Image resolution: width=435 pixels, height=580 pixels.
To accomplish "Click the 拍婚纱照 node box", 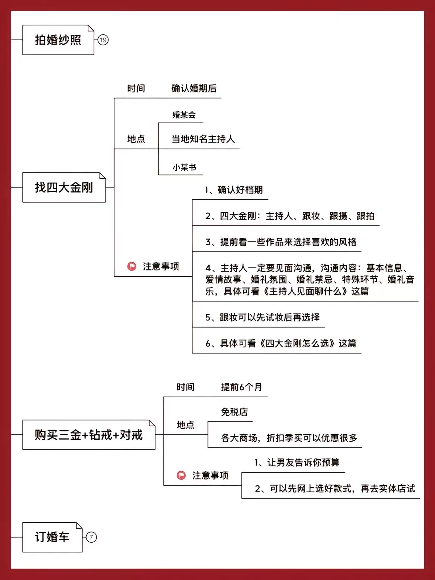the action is coord(58,40).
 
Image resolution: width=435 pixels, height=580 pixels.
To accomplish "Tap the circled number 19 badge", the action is coord(103,40).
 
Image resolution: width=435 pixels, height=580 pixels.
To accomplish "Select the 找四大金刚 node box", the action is coord(64,187).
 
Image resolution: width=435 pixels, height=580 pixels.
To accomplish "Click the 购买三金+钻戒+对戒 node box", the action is coord(89,435).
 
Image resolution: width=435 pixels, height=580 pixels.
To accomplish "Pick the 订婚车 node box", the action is coord(52,537).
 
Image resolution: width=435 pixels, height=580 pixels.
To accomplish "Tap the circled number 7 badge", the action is coord(91,537).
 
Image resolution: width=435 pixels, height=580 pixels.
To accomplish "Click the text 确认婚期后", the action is coord(194,88).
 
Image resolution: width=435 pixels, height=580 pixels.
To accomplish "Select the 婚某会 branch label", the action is coord(184,115).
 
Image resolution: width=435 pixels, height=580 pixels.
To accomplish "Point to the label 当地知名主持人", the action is coord(203,139).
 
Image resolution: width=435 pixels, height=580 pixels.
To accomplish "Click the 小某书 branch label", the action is coord(185,167).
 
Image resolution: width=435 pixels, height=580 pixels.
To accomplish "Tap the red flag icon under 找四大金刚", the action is coord(132,266).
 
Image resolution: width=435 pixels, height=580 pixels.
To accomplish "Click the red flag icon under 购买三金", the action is coord(181,475).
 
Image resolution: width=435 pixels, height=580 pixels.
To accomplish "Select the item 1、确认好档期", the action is coord(234,190).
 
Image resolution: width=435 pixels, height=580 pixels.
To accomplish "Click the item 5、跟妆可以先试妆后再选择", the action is coord(262,317).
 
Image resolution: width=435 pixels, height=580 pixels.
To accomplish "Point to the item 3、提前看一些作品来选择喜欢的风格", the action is coord(281,242).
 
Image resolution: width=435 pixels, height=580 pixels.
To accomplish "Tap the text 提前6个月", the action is coord(241,387).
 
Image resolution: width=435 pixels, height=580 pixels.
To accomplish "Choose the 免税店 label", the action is coord(235,412).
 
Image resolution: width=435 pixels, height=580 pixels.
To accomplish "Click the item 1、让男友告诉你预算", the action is coord(297,463).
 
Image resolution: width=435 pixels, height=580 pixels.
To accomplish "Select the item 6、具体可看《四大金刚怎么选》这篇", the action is coord(281,343).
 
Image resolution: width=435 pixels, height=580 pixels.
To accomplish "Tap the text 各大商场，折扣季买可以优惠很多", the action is coord(289,438).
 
